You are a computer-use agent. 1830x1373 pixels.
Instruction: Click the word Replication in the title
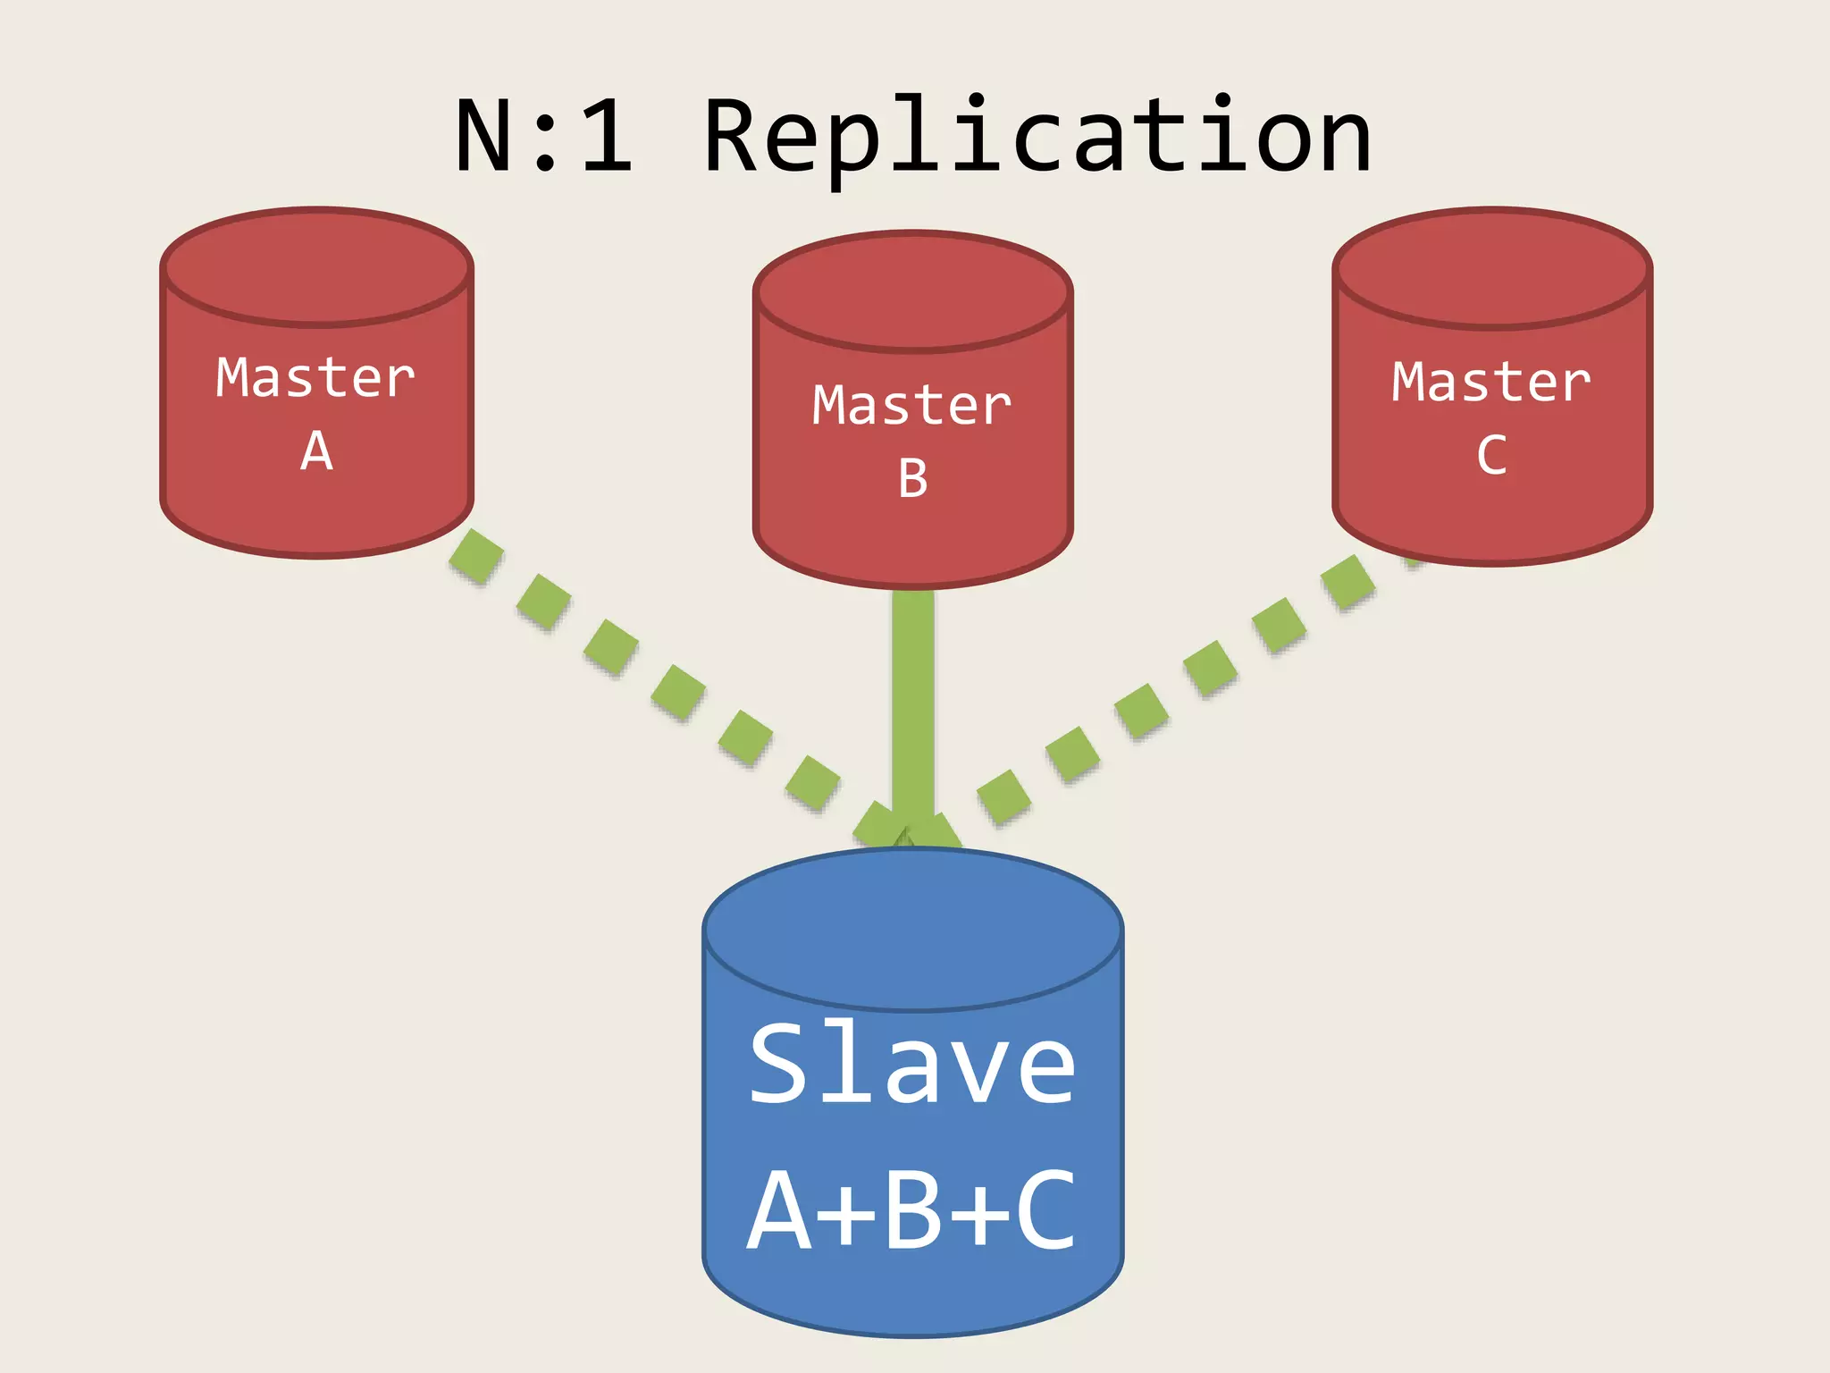[x=1037, y=139]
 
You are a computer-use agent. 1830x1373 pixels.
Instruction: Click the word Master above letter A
[x=315, y=377]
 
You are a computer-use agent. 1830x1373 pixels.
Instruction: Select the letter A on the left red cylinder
[x=316, y=451]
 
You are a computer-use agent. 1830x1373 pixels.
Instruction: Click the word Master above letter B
[x=912, y=405]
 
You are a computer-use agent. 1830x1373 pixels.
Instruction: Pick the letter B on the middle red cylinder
[x=912, y=478]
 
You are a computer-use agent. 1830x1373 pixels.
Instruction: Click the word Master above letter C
[x=1491, y=383]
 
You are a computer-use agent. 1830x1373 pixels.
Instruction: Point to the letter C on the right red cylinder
[x=1491, y=455]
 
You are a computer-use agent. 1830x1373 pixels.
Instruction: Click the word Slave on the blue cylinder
[x=912, y=1064]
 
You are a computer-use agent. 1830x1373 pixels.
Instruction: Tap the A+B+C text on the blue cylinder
[x=912, y=1211]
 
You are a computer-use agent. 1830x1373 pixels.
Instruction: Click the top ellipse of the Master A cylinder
[x=317, y=266]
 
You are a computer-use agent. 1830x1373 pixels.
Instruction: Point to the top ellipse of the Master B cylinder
[x=912, y=291]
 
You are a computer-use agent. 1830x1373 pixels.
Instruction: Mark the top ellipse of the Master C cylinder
[x=1491, y=268]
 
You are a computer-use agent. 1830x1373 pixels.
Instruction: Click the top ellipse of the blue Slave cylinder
[x=912, y=930]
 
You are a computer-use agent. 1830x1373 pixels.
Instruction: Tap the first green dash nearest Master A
[x=475, y=556]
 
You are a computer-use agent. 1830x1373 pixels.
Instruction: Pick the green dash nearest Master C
[x=1349, y=582]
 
